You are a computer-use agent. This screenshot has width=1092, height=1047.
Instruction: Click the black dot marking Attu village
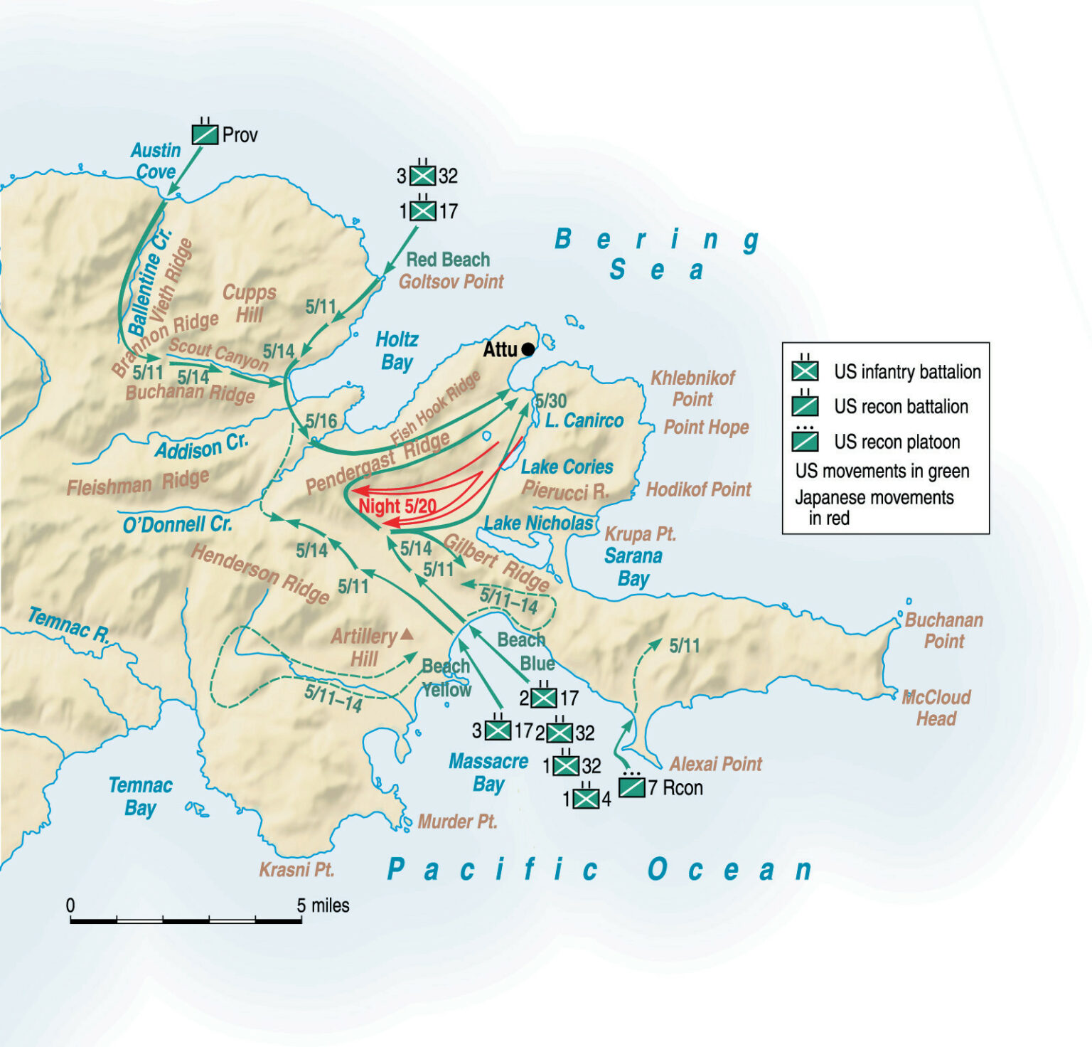pos(528,349)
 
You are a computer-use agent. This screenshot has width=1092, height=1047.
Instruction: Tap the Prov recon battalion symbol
pos(205,134)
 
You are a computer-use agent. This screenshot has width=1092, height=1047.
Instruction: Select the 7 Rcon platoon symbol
pos(631,787)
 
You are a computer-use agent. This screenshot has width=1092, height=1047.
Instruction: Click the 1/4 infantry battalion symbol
pos(586,799)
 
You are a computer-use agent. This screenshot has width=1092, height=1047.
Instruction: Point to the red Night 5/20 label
pos(397,506)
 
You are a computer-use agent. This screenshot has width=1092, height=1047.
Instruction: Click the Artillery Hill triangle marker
pos(407,633)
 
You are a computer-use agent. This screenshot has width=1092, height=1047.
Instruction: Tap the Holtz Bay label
pos(397,351)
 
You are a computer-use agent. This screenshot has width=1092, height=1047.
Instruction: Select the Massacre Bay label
pos(488,772)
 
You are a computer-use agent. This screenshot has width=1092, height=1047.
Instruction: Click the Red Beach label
pos(448,260)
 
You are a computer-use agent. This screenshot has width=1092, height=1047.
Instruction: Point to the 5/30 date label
pos(551,401)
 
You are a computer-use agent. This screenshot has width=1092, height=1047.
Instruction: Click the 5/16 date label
pos(321,421)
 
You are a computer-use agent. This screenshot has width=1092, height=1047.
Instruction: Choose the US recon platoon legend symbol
pos(805,441)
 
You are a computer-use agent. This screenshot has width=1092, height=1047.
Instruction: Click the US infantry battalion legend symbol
pos(805,371)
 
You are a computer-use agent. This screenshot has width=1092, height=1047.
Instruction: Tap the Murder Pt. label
pos(457,822)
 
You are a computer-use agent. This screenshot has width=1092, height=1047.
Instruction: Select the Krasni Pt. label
pos(296,870)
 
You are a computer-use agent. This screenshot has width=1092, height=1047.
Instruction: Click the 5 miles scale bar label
pos(323,905)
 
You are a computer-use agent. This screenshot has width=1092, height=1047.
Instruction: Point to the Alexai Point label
pos(715,765)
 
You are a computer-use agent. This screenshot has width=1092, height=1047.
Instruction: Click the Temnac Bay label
pos(140,797)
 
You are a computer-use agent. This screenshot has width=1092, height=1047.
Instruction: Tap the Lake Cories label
pos(567,467)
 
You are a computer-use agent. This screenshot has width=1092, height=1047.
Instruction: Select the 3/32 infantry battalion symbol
pos(423,175)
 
